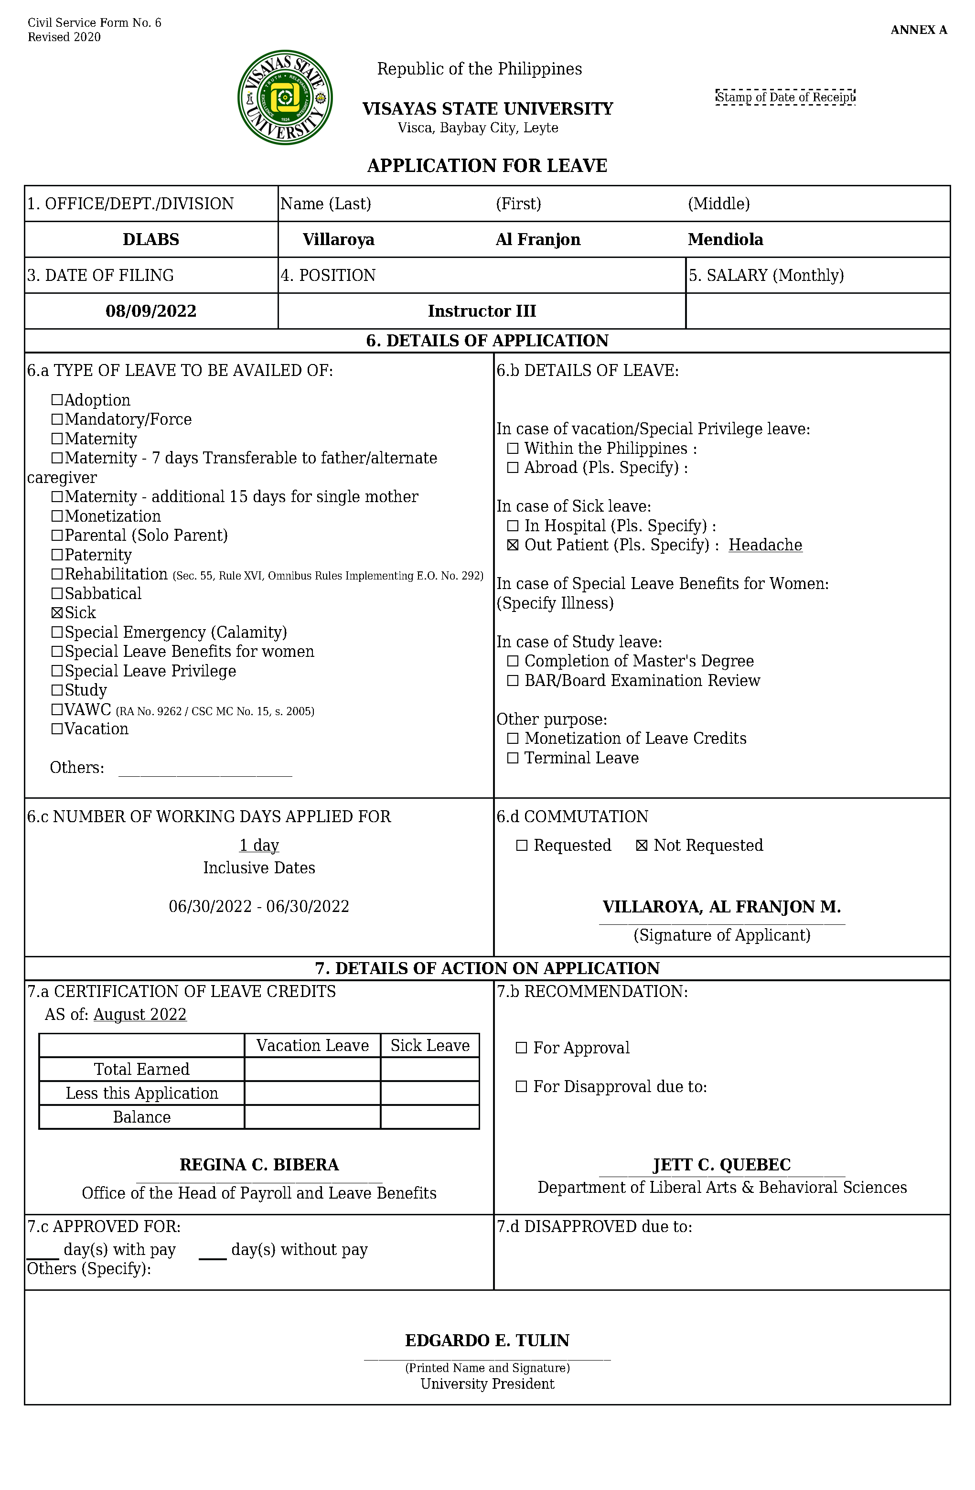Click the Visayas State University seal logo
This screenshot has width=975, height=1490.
[285, 97]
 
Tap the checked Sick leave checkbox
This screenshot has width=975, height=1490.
[57, 613]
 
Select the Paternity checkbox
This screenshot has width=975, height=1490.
[57, 555]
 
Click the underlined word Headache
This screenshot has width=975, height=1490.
[765, 545]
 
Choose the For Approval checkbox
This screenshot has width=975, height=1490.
[521, 1048]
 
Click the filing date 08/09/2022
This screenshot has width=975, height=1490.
[151, 311]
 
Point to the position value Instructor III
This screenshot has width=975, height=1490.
[482, 311]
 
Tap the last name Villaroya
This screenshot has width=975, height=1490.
[338, 240]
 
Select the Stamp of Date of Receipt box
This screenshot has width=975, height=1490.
[785, 97]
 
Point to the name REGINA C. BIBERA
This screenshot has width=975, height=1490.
[259, 1165]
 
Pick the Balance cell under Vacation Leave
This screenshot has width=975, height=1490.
[312, 1117]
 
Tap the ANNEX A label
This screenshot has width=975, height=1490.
[919, 30]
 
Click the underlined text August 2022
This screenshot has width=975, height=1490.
[140, 1015]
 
